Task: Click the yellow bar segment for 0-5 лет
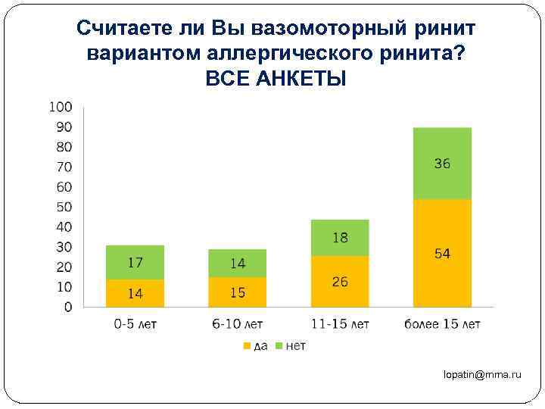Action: [135, 293]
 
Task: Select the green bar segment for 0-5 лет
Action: [135, 263]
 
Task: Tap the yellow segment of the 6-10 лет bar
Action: [238, 292]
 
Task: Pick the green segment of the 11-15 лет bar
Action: [340, 238]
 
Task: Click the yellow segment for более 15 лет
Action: [442, 253]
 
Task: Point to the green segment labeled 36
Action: [442, 164]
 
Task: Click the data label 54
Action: [442, 254]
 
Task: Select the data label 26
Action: [340, 282]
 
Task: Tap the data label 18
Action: [340, 238]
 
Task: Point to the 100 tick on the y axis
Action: [61, 107]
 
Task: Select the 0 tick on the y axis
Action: [68, 308]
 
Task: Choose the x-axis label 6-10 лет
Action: [238, 325]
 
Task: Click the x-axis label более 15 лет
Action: [442, 325]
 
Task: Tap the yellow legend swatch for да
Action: [245, 345]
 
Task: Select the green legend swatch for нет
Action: [279, 345]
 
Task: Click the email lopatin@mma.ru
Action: [483, 375]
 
